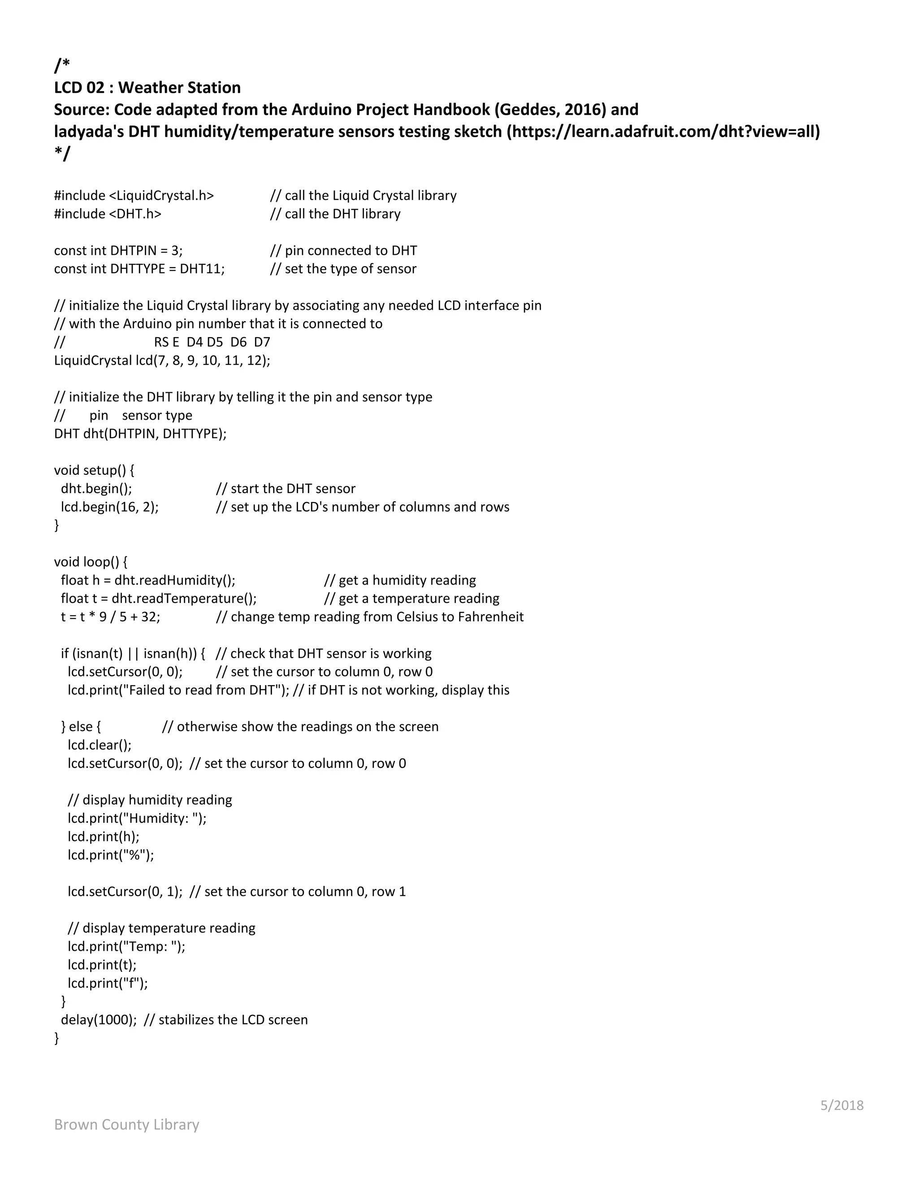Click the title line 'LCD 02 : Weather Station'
point(147,87)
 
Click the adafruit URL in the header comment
point(663,132)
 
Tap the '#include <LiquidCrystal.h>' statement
point(134,195)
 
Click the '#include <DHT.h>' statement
point(108,214)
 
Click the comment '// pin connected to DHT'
point(343,251)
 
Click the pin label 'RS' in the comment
point(161,342)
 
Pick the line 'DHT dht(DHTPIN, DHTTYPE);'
point(140,434)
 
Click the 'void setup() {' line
point(94,470)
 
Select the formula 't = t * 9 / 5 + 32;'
point(110,617)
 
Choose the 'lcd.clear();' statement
point(100,745)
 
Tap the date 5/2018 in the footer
point(841,1106)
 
